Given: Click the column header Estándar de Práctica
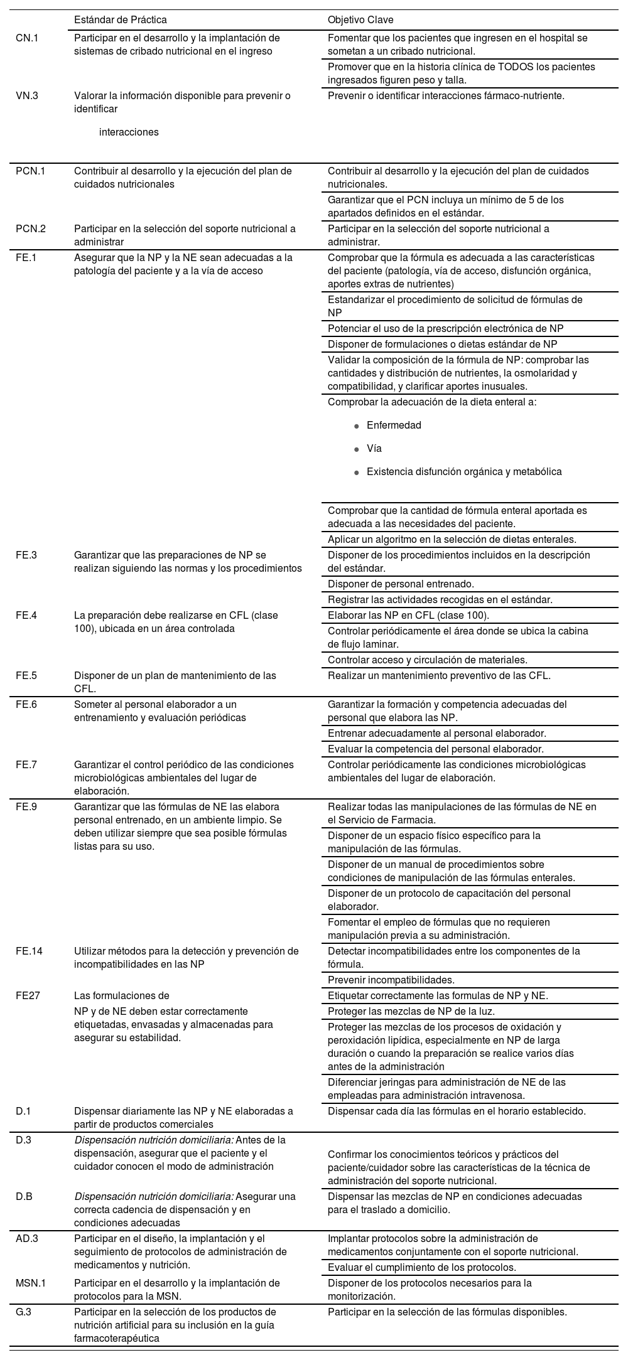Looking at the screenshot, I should [x=120, y=20].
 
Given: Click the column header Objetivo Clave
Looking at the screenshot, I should [x=360, y=20].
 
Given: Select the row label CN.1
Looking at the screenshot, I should [x=27, y=38].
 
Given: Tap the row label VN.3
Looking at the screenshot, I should [x=27, y=96].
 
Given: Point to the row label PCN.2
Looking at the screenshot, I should [x=31, y=229].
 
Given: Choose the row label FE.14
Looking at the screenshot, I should [x=30, y=951].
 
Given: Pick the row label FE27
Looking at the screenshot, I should [x=28, y=996].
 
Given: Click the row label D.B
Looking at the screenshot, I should [x=24, y=1197].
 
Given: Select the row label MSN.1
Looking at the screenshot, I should [x=31, y=1283].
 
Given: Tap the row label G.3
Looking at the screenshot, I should [x=24, y=1312].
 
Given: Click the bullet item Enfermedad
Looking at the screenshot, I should [x=394, y=426].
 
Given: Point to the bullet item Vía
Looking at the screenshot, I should [x=374, y=449].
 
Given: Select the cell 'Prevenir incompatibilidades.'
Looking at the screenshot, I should [x=390, y=980].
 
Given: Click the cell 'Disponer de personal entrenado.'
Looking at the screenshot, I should [x=401, y=584].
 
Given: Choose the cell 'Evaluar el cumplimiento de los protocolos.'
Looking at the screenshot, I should [x=421, y=1268].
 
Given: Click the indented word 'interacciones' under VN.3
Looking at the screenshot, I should [x=129, y=132].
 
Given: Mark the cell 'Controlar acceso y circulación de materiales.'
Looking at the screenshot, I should [x=427, y=660].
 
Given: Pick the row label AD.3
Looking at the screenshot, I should [x=27, y=1239].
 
